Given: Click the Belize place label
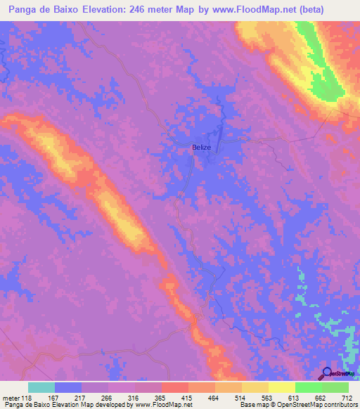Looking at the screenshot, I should [202, 148].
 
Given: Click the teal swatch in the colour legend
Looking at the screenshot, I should [41, 387].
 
